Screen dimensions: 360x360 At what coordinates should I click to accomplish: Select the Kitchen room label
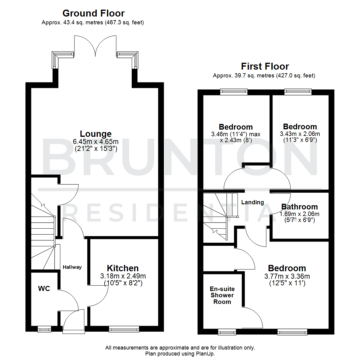(x=123, y=268)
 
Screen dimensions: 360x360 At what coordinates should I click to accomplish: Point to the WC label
(x=44, y=289)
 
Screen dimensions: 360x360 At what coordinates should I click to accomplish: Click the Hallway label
(x=72, y=267)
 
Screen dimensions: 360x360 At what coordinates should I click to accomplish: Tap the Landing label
(x=252, y=202)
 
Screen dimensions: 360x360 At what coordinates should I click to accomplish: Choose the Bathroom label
(x=299, y=207)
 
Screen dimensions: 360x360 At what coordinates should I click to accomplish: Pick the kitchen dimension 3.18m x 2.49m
(x=123, y=276)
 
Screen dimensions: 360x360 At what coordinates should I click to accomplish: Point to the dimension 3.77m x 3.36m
(x=287, y=276)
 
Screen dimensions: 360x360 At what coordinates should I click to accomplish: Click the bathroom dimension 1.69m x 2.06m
(x=300, y=214)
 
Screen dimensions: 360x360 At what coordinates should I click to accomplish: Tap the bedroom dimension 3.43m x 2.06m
(x=300, y=134)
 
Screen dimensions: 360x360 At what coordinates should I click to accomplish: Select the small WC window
(x=44, y=329)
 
